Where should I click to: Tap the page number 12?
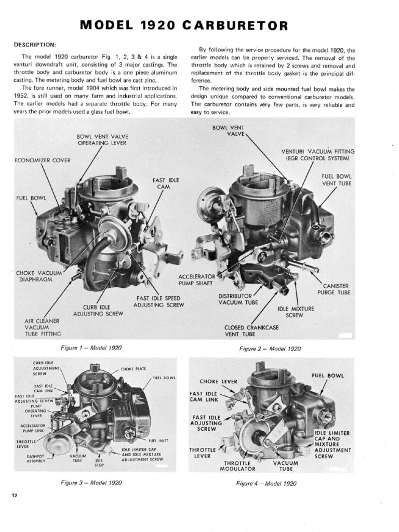point(15,495)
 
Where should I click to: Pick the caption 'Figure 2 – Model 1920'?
point(270,349)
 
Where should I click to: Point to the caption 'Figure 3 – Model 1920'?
point(91,482)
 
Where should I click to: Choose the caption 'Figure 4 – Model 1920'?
point(267,483)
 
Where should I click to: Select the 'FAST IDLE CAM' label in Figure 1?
point(166,183)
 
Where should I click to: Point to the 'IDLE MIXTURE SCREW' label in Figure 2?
point(296,312)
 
